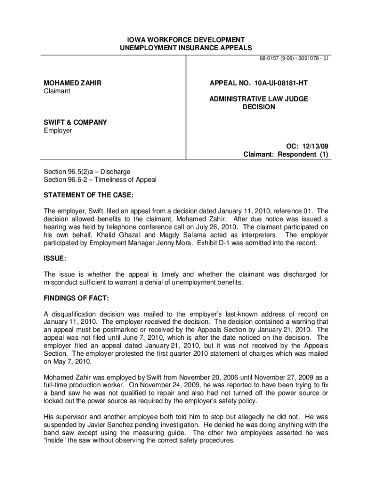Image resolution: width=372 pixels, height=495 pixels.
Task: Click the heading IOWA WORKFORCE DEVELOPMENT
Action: (186, 39)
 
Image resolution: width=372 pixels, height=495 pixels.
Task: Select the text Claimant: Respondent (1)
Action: (285, 155)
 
